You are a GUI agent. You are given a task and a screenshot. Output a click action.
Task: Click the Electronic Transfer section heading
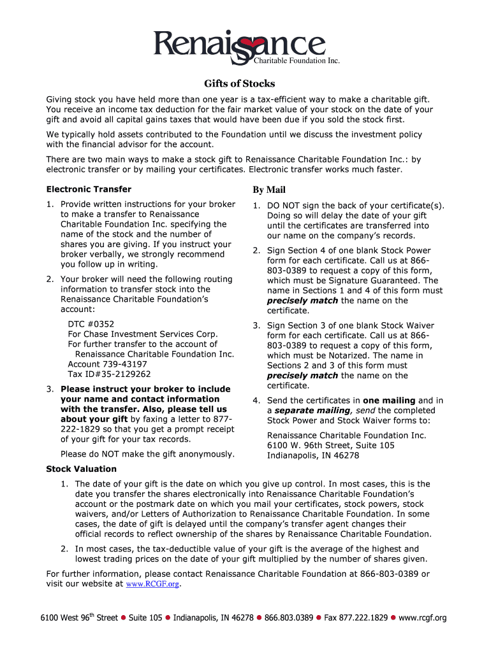pos(89,189)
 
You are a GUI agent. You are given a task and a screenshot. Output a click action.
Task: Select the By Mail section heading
pos(268,190)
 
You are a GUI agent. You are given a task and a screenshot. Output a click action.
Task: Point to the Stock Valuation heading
pos(80,469)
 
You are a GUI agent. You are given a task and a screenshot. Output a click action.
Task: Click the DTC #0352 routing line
pos(91,324)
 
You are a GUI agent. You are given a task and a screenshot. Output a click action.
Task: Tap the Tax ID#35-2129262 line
pos(109,374)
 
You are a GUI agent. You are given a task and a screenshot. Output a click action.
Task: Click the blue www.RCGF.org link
pos(153,584)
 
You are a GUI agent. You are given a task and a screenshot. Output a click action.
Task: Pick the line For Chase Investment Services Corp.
pos(143,334)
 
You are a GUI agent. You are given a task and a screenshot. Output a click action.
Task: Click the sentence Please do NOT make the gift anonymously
pos(147,454)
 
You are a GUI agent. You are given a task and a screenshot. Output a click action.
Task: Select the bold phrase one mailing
pos(389,400)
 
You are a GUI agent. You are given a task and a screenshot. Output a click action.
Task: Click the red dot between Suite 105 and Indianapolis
pos(168,618)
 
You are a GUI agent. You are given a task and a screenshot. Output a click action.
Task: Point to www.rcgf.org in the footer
pos(422,618)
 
